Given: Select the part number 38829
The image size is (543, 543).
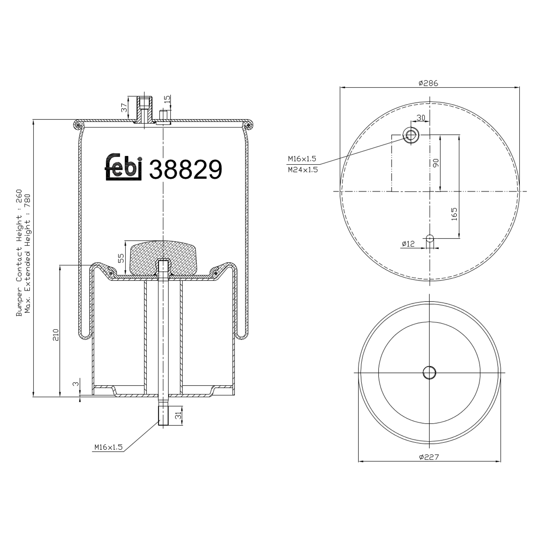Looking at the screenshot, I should pyautogui.click(x=185, y=169).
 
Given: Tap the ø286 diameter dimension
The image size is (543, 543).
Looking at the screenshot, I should pyautogui.click(x=428, y=83).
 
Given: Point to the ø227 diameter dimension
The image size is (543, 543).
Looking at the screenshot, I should pyautogui.click(x=429, y=457).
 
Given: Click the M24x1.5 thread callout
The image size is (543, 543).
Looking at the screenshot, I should pyautogui.click(x=303, y=169).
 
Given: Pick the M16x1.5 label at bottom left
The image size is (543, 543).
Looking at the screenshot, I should pyautogui.click(x=108, y=447).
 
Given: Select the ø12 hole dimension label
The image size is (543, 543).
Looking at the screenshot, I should pyautogui.click(x=408, y=244).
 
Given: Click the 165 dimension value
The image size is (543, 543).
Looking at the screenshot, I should pyautogui.click(x=454, y=214).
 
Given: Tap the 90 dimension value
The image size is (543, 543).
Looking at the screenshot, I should pyautogui.click(x=435, y=163).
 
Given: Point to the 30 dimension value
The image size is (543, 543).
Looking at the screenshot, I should pyautogui.click(x=421, y=118).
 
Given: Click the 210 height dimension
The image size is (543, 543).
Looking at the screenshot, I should pyautogui.click(x=55, y=335).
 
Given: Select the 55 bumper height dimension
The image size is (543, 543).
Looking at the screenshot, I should pyautogui.click(x=121, y=258).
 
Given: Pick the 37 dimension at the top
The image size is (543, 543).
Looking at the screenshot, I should pyautogui.click(x=124, y=108).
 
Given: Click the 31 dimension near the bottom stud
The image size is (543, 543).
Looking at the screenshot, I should pyautogui.click(x=178, y=416).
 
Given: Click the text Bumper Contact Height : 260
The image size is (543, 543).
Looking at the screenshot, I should pyautogui.click(x=19, y=253).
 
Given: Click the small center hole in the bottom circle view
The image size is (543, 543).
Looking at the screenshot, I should pyautogui.click(x=429, y=372).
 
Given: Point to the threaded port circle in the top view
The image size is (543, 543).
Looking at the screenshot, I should pyautogui.click(x=411, y=135).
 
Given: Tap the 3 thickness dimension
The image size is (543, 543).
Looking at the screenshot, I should pyautogui.click(x=75, y=384).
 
